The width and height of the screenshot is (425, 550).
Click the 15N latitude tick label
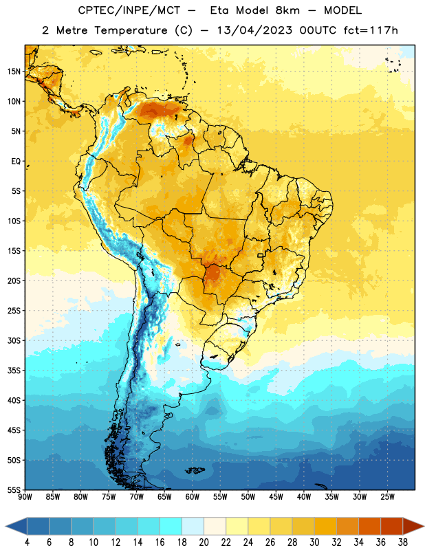[x=14, y=71]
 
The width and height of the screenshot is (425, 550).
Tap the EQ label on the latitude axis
[x=16, y=162]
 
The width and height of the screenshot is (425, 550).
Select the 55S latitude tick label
[x=14, y=489]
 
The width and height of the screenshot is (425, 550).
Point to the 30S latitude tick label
[x=14, y=340]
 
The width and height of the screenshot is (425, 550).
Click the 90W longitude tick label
[x=25, y=497]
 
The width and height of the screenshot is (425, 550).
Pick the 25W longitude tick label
[x=387, y=497]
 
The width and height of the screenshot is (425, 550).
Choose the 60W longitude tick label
[x=193, y=497]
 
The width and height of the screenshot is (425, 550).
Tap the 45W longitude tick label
[x=276, y=497]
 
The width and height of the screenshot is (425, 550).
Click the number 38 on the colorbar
[x=403, y=542]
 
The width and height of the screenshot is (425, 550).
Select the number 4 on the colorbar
[x=27, y=542]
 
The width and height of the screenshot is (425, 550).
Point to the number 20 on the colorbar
[x=204, y=542]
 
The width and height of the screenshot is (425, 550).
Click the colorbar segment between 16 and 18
[x=171, y=527]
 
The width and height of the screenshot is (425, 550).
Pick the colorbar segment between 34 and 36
[x=369, y=527]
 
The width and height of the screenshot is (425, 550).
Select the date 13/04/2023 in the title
[x=254, y=30]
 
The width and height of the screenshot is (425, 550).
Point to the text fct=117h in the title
[x=371, y=30]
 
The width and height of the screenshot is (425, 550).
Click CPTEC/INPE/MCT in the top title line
[x=129, y=10]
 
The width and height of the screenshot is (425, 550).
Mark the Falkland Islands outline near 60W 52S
[x=195, y=470]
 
